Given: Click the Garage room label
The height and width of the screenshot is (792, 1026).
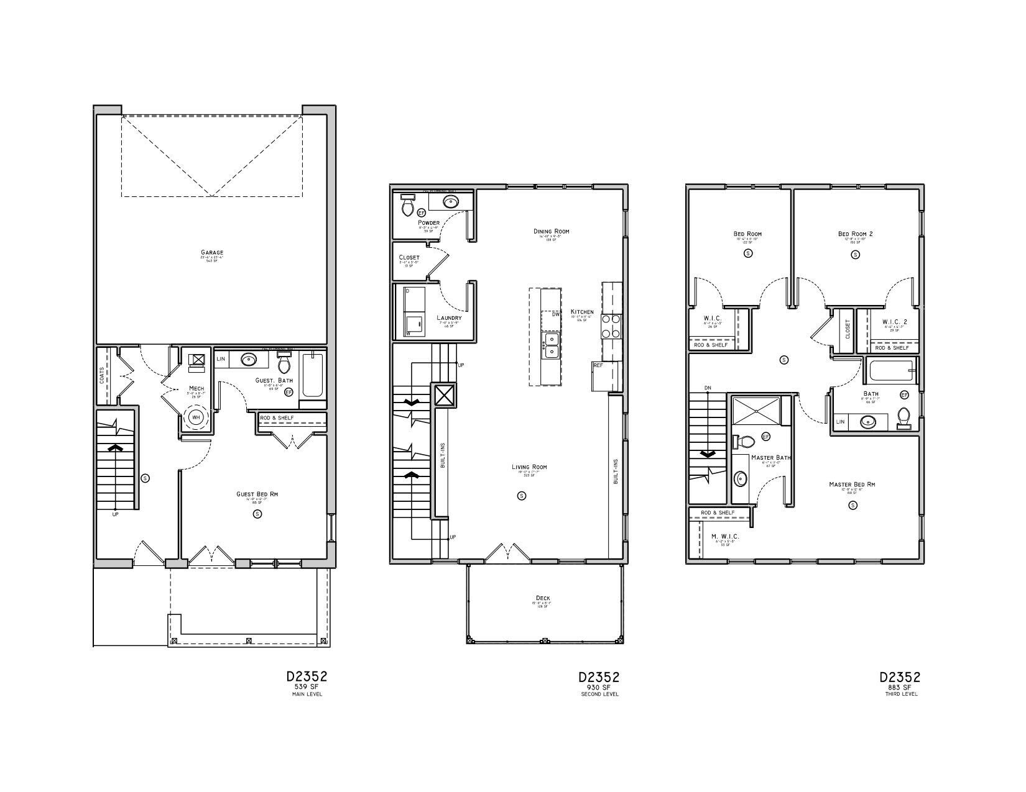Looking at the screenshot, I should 212,253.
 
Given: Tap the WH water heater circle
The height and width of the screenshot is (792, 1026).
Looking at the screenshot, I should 196,417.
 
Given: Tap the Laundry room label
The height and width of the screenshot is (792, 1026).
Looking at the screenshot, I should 449,318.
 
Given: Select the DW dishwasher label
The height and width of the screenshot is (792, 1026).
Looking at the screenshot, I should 556,314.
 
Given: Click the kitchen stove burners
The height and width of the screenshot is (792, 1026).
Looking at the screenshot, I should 611,326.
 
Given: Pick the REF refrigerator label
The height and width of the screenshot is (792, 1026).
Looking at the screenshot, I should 598,365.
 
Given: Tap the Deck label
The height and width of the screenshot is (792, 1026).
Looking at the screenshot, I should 543,598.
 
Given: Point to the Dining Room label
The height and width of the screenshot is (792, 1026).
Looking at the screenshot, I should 551,232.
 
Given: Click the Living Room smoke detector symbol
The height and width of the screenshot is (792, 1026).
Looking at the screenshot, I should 522,495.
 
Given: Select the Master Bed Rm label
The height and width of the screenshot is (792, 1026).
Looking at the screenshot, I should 852,485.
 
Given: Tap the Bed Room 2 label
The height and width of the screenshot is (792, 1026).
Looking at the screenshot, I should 855,234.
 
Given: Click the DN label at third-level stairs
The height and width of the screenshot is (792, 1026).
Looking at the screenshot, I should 708,388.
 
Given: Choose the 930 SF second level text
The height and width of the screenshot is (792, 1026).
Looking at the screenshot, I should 599,687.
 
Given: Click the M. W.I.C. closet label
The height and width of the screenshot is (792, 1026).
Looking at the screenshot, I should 725,536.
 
